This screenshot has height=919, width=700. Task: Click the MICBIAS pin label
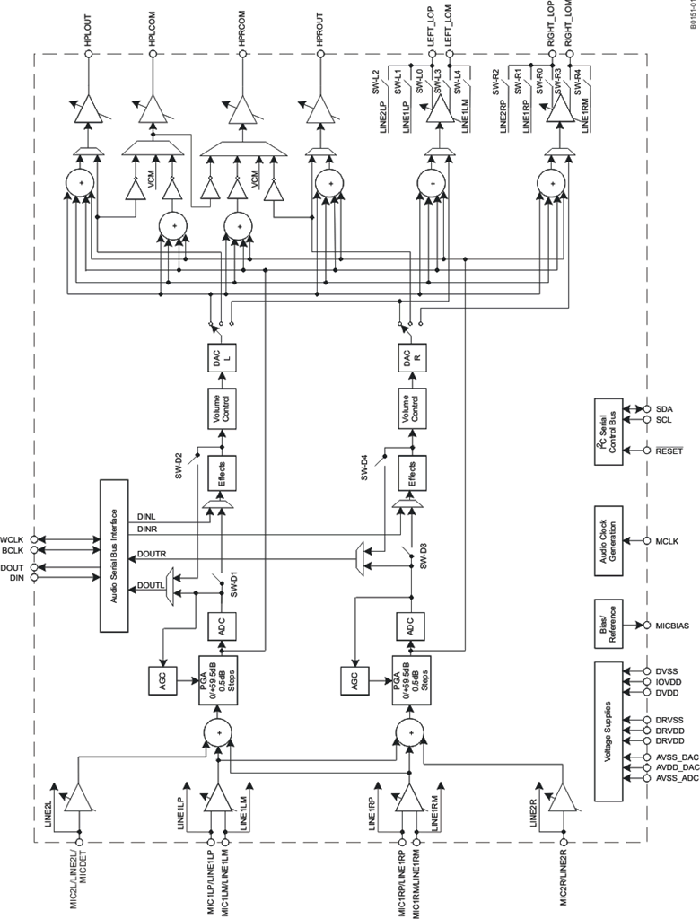(674, 625)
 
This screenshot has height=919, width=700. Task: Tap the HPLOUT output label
(88, 27)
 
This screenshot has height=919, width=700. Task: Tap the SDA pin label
(665, 408)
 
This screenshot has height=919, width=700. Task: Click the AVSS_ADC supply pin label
(676, 778)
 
